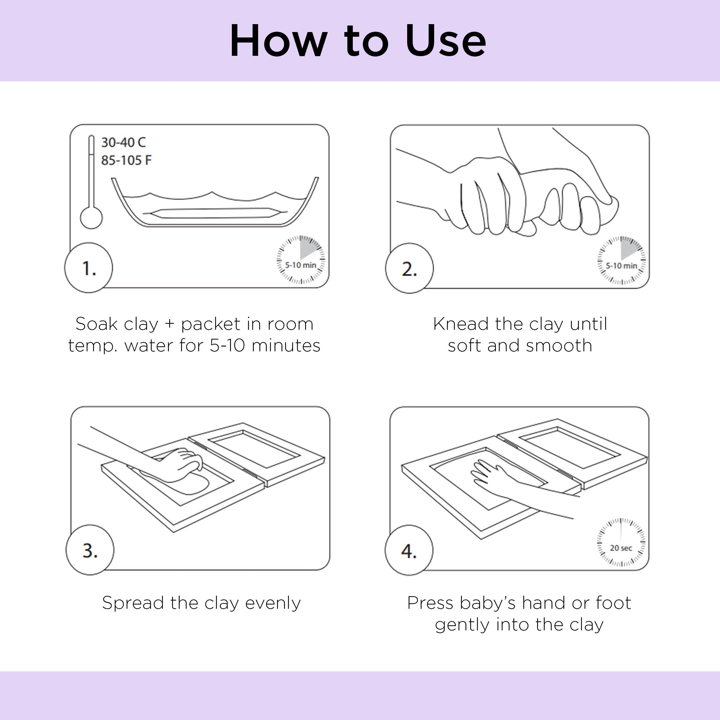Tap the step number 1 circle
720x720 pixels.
tap(89, 267)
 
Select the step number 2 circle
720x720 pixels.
tap(409, 268)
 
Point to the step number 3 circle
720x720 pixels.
tap(90, 550)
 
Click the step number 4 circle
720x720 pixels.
tap(409, 550)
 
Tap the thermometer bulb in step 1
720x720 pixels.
tap(91, 218)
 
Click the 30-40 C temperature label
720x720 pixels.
tap(123, 142)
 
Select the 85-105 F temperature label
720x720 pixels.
tap(126, 160)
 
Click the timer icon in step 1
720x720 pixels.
tap(300, 260)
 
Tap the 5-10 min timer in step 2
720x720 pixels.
tap(621, 260)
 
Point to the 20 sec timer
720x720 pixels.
tap(621, 542)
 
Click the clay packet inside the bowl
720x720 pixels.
tap(215, 213)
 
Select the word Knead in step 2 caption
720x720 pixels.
tap(462, 324)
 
